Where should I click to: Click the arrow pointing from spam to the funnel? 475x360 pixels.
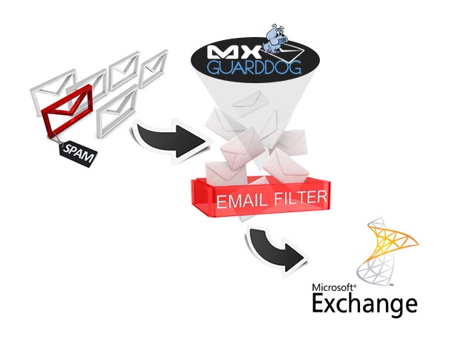click(x=168, y=141)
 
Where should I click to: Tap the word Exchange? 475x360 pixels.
click(x=364, y=304)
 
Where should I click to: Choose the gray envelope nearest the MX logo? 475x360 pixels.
click(x=157, y=62)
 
